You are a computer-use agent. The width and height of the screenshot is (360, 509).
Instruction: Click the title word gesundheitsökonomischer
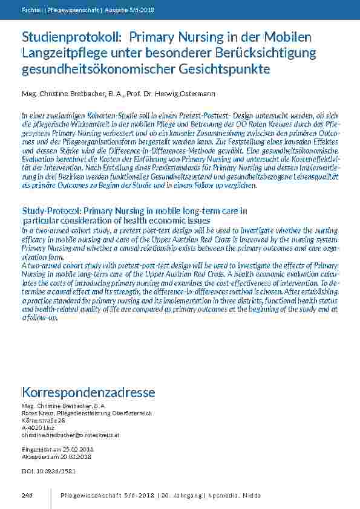click(x=98, y=70)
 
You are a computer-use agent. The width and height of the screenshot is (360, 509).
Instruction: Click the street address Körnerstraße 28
click(x=43, y=420)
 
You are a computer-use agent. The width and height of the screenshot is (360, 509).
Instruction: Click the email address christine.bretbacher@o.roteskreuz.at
click(x=70, y=435)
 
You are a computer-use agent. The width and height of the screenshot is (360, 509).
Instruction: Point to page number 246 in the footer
click(x=27, y=496)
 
